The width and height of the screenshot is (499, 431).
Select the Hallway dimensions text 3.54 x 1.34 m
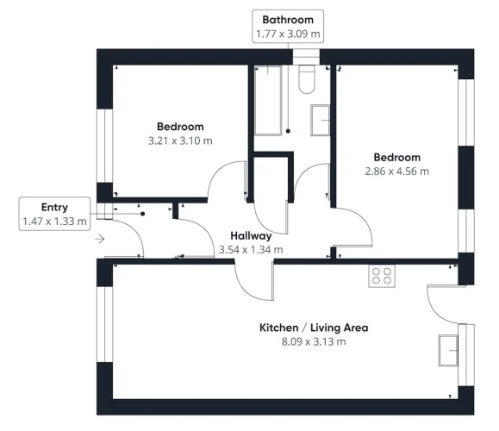[x=251, y=250]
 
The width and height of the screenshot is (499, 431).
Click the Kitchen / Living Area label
[x=314, y=328]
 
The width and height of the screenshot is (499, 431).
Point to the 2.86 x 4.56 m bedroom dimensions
[x=396, y=172]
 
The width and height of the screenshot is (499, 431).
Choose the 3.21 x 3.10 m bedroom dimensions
[x=180, y=141]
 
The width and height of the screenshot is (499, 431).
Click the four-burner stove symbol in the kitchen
[x=382, y=276]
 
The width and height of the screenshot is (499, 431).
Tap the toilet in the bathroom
[x=307, y=79]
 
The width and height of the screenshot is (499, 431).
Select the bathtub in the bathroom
[x=268, y=100]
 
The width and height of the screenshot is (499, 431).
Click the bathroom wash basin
[x=320, y=121]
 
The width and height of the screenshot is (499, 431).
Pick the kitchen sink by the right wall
[x=448, y=350]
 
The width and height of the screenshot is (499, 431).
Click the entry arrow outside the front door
[x=100, y=239]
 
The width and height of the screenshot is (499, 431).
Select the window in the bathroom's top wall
[x=306, y=57]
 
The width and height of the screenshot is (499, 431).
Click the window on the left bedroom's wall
[x=104, y=146]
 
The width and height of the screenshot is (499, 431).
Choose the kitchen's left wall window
[x=104, y=324]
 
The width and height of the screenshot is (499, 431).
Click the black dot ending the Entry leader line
[x=142, y=214]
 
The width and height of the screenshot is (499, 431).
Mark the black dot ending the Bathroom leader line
[x=288, y=131]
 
